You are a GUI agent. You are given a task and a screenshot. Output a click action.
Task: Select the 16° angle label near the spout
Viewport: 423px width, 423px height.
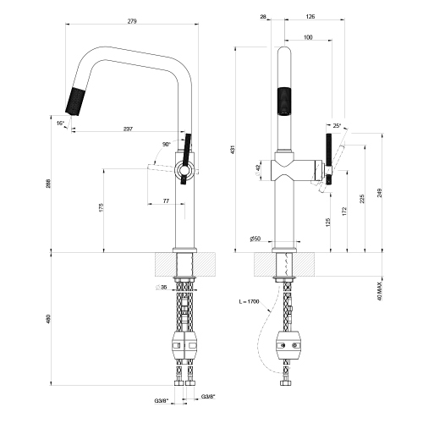(60, 124)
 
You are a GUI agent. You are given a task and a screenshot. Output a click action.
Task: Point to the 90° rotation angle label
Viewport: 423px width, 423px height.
(166, 145)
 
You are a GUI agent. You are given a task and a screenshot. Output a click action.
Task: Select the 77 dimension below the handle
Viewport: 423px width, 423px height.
(167, 201)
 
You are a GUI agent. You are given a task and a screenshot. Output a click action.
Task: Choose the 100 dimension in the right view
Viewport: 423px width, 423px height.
(307, 37)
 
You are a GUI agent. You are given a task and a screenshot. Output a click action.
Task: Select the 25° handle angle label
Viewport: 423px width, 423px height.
(338, 126)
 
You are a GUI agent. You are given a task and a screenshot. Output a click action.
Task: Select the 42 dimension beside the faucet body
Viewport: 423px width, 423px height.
(258, 168)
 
